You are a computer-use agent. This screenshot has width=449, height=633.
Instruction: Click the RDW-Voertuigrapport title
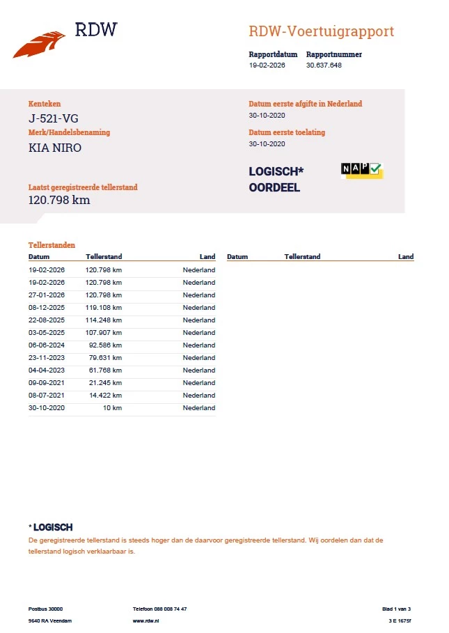322,31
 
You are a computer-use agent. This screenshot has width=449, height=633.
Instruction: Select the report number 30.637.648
324,65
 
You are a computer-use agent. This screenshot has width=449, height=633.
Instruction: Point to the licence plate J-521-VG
49,118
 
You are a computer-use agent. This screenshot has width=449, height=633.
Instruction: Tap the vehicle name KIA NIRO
55,148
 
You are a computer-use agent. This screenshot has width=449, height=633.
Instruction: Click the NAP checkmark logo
361,171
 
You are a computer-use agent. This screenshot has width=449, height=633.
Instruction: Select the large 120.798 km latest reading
59,201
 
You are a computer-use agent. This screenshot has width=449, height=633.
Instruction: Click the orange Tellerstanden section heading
52,245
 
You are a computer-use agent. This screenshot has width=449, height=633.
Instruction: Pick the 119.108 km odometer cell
104,308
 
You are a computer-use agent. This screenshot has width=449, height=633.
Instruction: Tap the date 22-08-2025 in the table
47,320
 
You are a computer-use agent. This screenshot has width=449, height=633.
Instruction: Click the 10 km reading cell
113,408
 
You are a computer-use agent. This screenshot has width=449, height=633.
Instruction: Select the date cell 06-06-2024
47,345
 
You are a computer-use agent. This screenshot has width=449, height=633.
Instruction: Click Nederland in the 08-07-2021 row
199,396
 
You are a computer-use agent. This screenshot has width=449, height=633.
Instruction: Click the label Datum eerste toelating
287,132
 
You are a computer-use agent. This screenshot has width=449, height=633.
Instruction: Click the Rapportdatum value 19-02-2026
267,65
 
